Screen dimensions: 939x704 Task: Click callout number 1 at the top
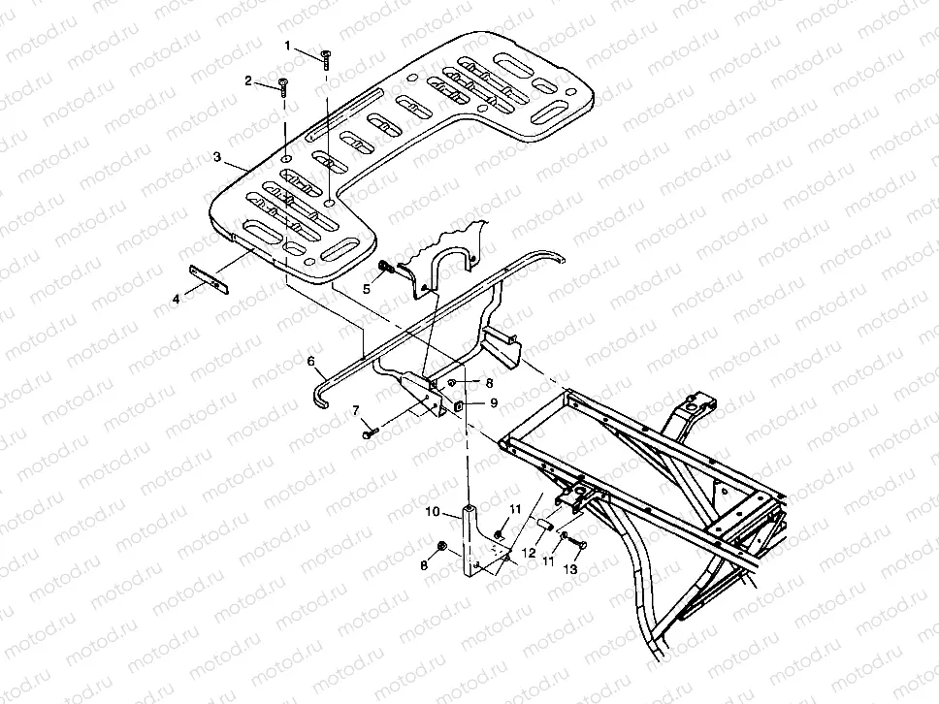[x=288, y=46]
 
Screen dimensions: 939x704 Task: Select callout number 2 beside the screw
[x=248, y=80]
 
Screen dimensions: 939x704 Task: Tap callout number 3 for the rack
[x=218, y=156]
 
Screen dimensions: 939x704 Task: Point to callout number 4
[x=176, y=301]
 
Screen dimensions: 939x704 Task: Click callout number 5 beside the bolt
[x=367, y=288]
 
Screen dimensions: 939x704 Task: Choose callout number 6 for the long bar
[x=311, y=361]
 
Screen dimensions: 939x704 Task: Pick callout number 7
[x=356, y=411]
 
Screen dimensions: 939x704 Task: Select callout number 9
[x=493, y=403]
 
